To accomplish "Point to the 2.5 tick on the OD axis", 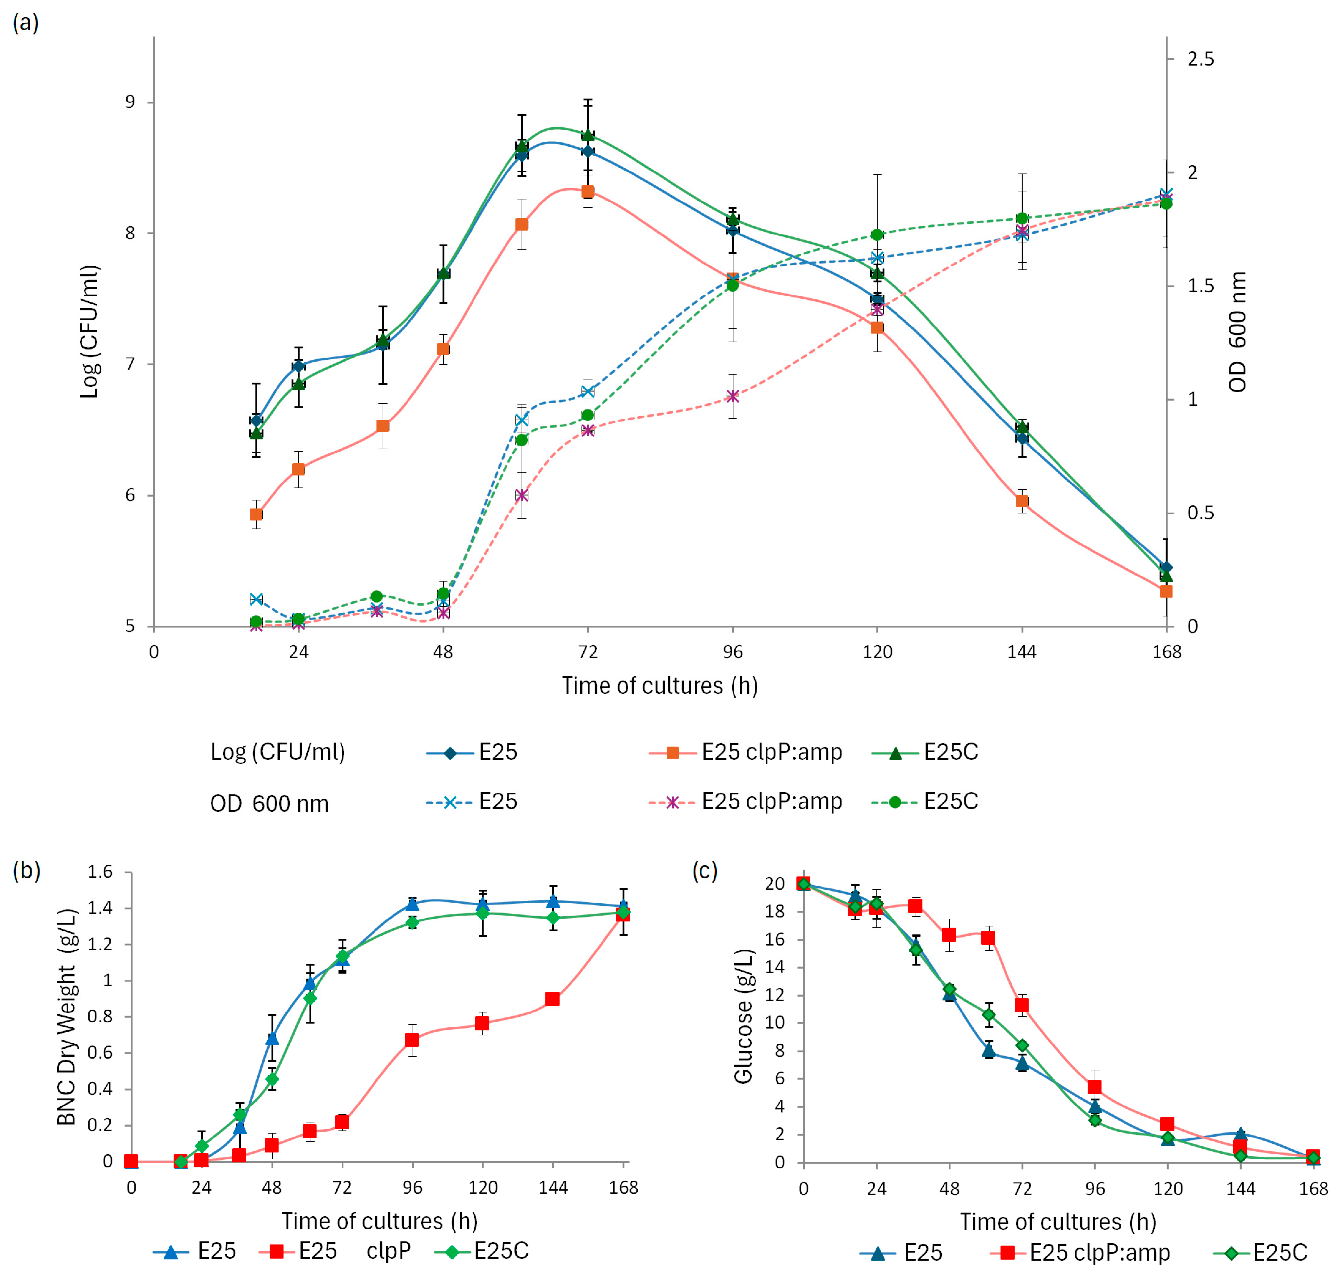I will tap(1200, 59).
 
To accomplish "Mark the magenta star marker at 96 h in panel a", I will tap(732, 396).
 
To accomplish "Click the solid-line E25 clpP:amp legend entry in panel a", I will tap(746, 752).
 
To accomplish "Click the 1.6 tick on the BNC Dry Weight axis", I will tap(100, 872).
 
